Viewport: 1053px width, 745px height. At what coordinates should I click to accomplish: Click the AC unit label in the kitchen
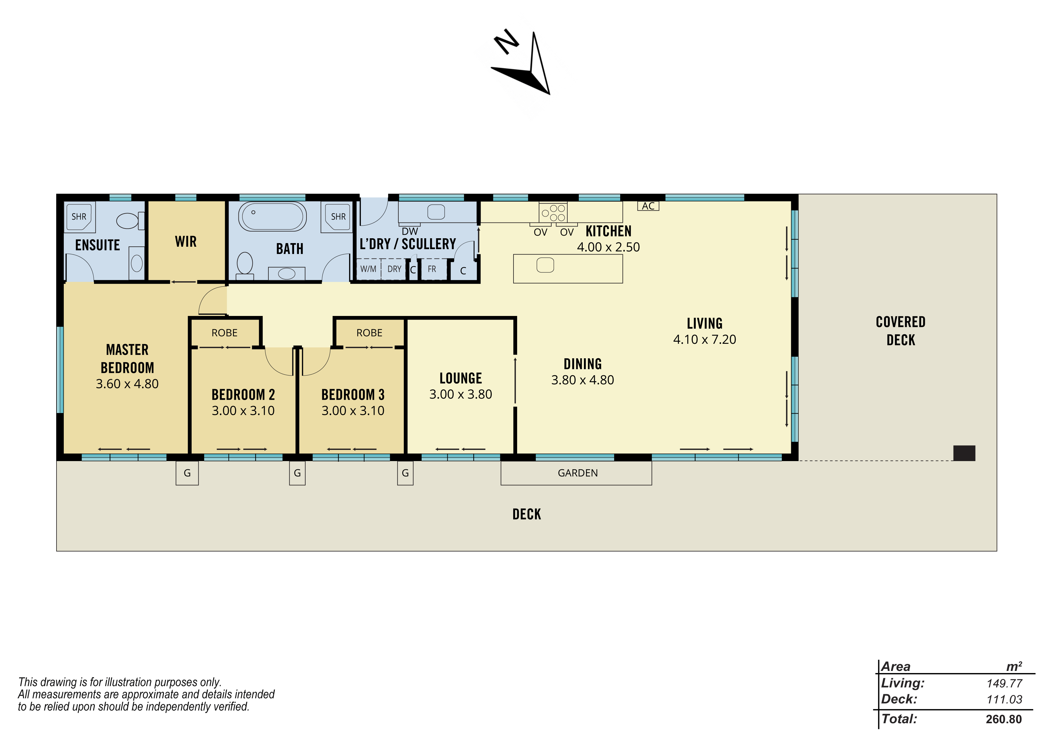coord(648,206)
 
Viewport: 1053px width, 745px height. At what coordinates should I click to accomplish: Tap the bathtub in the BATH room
coord(272,216)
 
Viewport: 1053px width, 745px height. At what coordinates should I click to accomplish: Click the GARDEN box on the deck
coord(576,473)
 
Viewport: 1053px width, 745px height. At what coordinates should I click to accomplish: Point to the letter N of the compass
coord(506,42)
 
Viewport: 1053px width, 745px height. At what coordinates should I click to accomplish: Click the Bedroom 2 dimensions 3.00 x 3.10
coord(243,411)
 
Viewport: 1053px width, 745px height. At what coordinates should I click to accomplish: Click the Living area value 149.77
coord(1004,684)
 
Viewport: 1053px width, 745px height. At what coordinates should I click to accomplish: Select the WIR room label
coord(186,242)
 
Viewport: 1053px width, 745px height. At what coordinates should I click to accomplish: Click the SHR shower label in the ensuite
coord(79,216)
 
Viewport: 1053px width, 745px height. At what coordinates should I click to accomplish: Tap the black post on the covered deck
coord(964,453)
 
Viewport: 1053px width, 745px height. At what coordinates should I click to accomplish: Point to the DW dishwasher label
coord(410,232)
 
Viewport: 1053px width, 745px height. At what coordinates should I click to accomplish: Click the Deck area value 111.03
coord(1004,700)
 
